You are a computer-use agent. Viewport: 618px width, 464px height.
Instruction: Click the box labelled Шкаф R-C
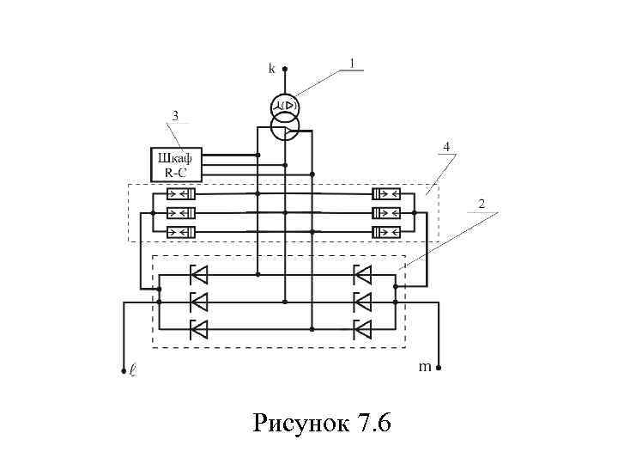point(175,164)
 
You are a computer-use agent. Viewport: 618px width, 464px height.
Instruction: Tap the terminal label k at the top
point(272,67)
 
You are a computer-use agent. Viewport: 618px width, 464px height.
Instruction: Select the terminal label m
point(424,367)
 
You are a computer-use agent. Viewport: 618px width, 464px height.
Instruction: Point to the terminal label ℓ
point(131,372)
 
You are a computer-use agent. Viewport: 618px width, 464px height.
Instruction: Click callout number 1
point(351,63)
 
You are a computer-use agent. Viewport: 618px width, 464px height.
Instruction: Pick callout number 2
point(482,204)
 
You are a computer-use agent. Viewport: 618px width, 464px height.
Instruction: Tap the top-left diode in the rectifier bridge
point(198,275)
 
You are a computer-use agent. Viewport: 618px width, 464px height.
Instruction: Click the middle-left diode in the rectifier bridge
point(198,302)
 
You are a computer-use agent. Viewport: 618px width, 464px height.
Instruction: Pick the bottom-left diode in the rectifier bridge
point(198,328)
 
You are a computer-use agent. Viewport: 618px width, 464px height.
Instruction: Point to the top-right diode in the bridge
point(362,275)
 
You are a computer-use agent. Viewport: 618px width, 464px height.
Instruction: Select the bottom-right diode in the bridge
point(362,328)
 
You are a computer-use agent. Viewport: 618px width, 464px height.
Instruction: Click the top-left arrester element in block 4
point(181,194)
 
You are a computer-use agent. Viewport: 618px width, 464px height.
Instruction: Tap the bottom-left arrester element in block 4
point(181,232)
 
